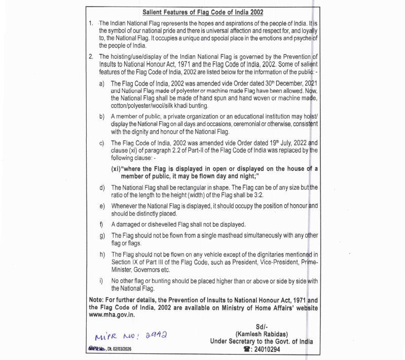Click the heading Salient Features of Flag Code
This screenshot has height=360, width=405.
tap(203, 12)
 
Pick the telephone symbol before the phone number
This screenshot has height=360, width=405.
tap(247, 349)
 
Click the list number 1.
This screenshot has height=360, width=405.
tap(91, 23)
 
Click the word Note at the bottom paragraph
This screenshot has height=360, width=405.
tap(97, 300)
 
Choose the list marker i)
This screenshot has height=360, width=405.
tap(102, 281)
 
